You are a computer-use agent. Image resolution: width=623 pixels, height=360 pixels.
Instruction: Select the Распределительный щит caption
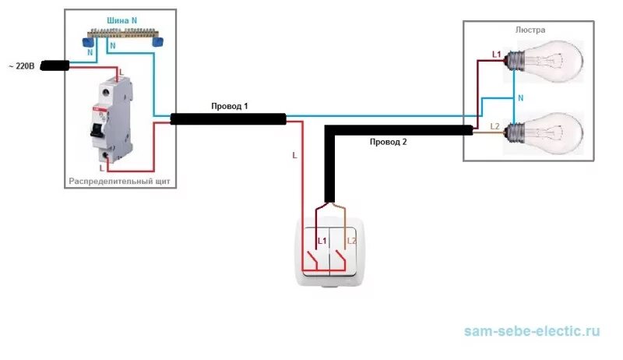click(x=119, y=182)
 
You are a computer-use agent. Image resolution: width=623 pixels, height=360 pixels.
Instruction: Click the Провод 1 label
click(x=230, y=106)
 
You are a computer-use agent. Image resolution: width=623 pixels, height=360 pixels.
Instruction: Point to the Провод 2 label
click(x=388, y=142)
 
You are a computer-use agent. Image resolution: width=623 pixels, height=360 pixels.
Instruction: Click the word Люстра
click(x=530, y=29)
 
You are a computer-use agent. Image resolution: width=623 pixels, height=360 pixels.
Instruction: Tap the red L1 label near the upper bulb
click(x=496, y=54)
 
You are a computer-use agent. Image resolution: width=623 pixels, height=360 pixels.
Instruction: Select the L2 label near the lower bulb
click(x=495, y=125)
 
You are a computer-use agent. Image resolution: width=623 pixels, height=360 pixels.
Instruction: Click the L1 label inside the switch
click(x=322, y=240)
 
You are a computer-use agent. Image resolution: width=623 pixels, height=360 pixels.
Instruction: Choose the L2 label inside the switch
click(x=351, y=240)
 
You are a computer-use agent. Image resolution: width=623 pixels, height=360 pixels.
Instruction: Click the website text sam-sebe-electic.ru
click(x=532, y=331)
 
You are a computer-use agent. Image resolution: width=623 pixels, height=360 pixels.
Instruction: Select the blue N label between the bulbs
click(x=520, y=98)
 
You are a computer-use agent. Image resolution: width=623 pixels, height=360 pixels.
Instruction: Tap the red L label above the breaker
click(x=118, y=72)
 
